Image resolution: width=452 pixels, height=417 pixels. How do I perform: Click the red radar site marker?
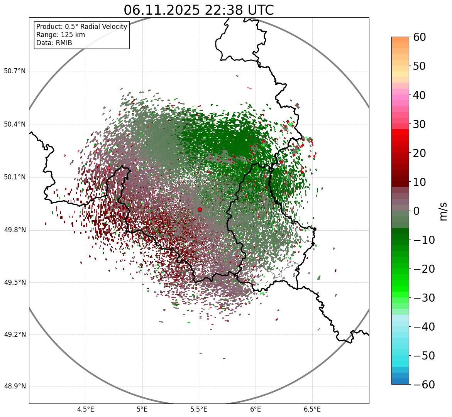200,209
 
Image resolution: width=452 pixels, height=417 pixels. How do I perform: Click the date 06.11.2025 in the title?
161,10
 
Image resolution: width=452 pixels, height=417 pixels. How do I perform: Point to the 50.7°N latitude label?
15,71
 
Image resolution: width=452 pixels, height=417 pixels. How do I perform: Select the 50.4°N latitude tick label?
15,125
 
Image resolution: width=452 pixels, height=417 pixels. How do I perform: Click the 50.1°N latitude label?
15,177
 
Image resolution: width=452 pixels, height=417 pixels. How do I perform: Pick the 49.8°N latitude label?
15,230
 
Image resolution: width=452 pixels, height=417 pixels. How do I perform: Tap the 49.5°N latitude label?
15,283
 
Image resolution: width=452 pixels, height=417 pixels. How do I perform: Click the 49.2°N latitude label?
15,334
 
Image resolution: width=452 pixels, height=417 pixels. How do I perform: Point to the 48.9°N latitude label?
15,387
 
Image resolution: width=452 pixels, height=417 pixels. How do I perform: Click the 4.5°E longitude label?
86,409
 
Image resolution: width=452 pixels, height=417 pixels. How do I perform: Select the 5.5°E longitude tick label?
199,409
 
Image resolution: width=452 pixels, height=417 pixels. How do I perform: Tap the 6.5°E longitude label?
312,409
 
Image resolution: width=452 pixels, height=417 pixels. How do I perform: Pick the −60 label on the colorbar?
424,385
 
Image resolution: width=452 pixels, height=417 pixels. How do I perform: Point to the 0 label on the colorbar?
416,211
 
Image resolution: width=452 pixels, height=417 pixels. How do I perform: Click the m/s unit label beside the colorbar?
444,211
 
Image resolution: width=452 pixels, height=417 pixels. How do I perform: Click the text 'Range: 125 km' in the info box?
61,35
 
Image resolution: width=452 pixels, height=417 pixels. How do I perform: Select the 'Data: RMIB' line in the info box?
54,43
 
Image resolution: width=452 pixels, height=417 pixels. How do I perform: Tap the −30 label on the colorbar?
424,298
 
